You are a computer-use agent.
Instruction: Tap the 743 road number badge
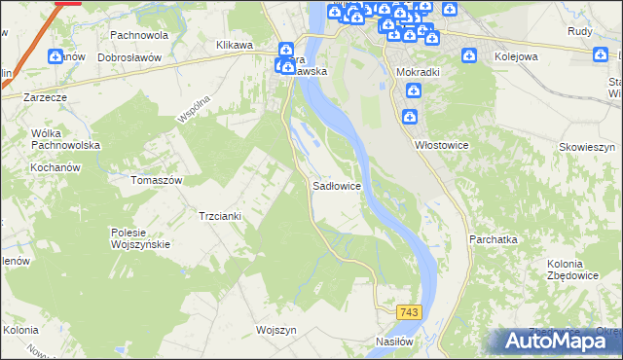tap(408, 310)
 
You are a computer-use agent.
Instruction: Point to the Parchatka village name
tap(493, 238)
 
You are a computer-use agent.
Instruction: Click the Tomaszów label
tap(157, 180)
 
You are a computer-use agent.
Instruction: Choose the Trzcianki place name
tap(219, 215)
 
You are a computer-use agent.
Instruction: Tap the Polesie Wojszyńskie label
tap(141, 238)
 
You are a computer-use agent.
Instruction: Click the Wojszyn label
tap(275, 330)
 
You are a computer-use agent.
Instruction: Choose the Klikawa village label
tap(235, 45)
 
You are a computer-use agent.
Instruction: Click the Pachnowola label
tap(139, 35)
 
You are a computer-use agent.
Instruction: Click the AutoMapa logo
tap(557, 341)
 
